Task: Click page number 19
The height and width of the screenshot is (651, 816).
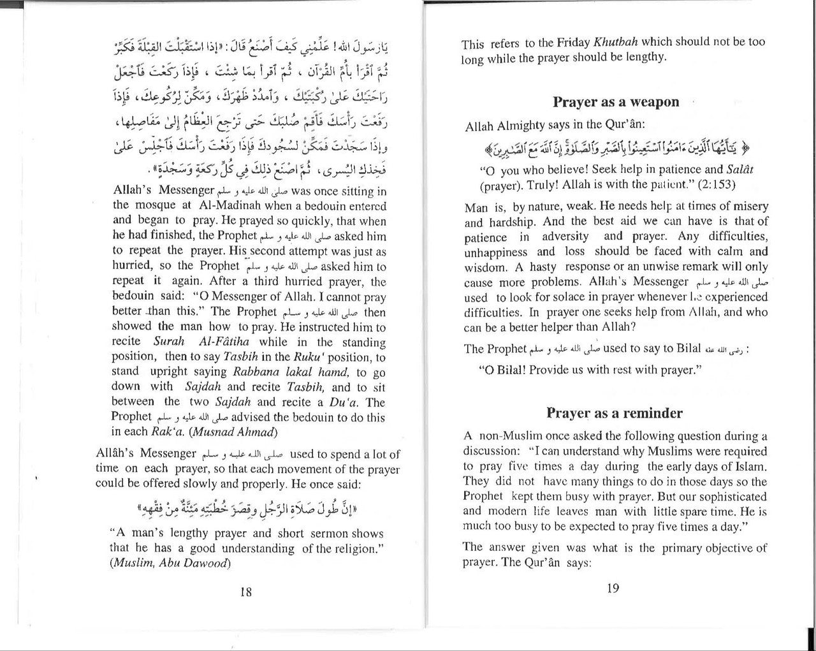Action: click(613, 589)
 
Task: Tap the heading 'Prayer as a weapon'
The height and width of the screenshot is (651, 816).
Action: click(616, 102)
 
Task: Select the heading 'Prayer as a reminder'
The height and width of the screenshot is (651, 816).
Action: click(614, 413)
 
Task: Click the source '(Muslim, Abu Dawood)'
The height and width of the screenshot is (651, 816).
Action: click(170, 562)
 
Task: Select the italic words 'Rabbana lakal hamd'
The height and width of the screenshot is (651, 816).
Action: click(291, 372)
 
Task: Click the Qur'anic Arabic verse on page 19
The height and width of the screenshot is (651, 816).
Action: click(616, 149)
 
